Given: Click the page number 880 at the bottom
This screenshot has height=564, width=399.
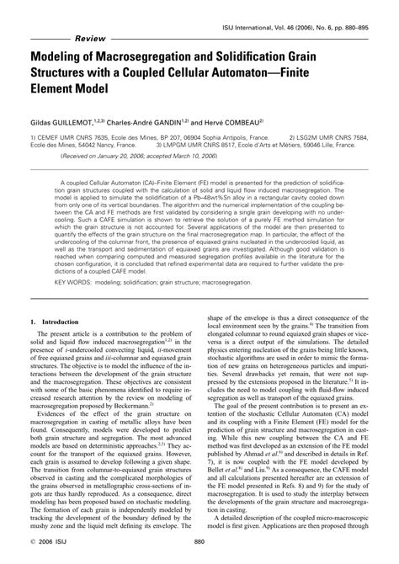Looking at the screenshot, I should tap(199, 542).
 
